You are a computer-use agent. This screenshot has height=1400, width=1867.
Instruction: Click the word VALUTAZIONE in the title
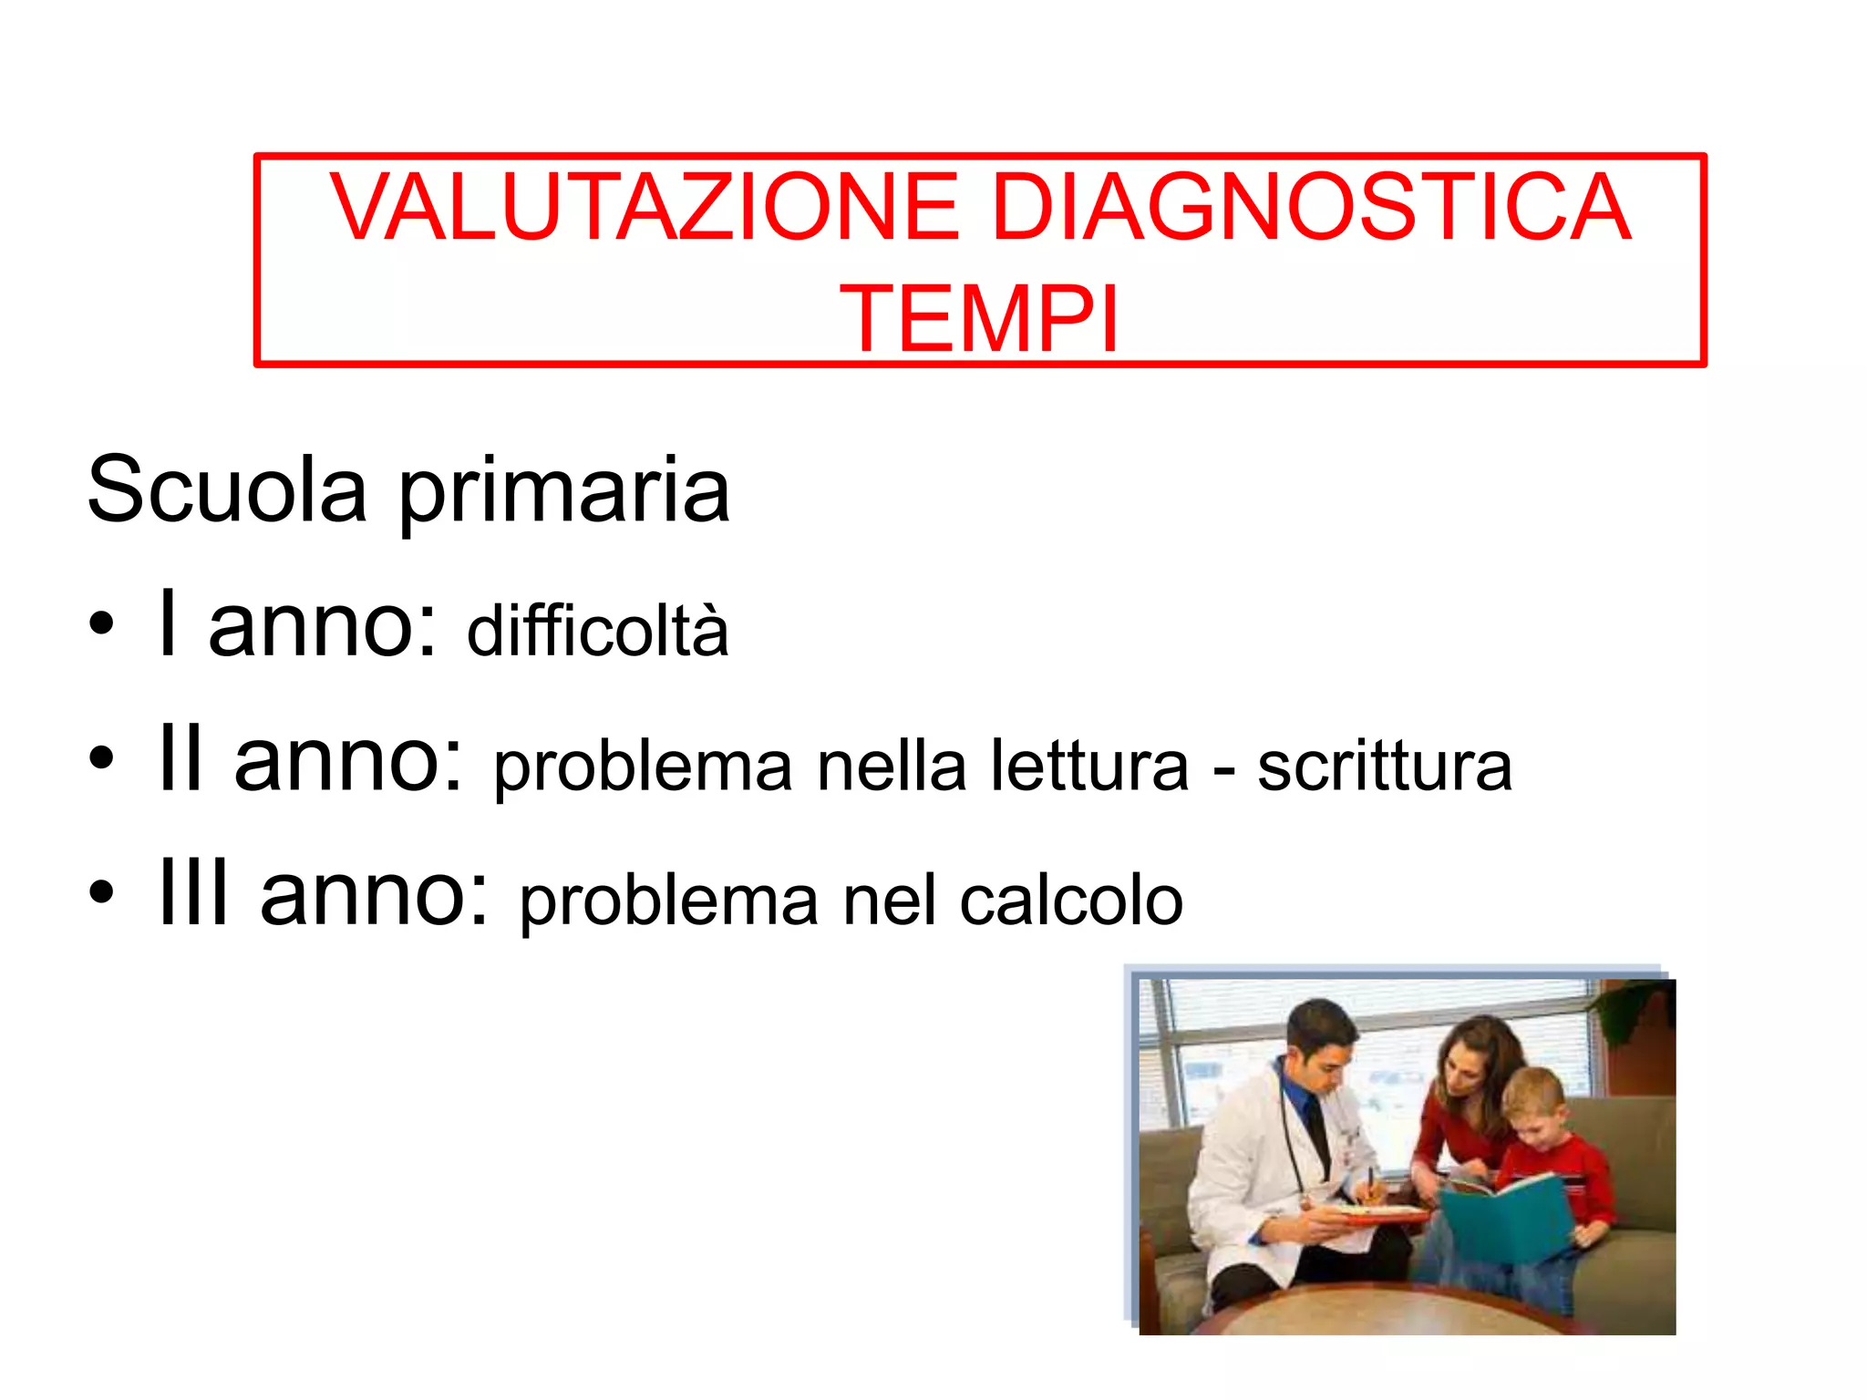(644, 208)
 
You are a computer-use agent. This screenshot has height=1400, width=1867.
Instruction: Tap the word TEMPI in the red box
(979, 319)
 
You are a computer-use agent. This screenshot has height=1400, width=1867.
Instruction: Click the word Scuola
(227, 490)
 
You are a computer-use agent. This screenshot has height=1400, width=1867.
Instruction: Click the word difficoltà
(598, 630)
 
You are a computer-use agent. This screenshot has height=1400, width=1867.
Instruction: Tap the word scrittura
(1385, 766)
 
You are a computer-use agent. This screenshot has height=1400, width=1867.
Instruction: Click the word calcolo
(1071, 901)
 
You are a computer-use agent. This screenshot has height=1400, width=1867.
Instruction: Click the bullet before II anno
(102, 757)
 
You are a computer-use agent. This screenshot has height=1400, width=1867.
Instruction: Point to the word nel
(889, 901)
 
